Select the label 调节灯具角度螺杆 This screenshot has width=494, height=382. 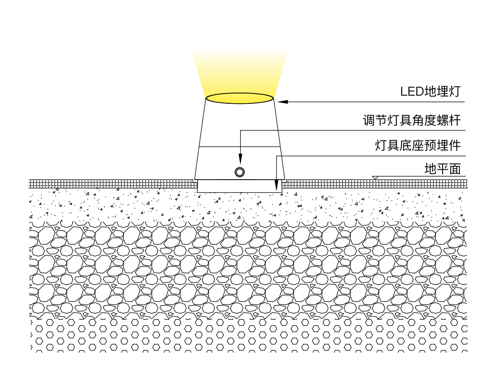pos(412,120)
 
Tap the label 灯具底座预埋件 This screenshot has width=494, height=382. pos(418,146)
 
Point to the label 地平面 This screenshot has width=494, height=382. pos(443,169)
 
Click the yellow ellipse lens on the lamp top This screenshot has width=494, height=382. pos(240,98)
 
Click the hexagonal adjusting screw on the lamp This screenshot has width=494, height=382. pos(240,172)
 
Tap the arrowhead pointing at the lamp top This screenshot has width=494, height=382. pos(283,102)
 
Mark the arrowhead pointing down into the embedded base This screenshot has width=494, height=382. pos(277,186)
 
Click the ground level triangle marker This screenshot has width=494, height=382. pos(375,177)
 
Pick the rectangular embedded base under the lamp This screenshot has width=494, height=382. pos(240,186)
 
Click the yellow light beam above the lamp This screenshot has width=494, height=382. pos(240,71)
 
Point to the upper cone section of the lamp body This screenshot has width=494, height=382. pos(240,124)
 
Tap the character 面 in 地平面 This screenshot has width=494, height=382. pos(455,169)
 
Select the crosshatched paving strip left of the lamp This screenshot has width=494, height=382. pos(111,184)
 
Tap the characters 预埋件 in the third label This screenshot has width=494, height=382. pos(443,146)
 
